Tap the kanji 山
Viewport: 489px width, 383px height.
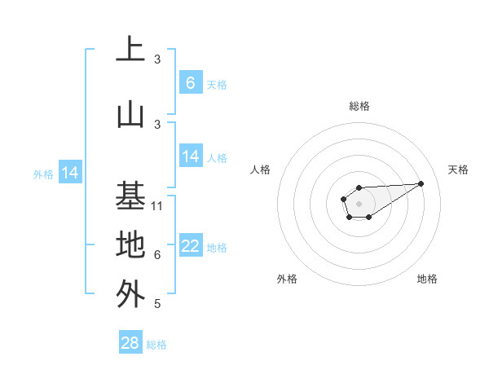coord(130,114)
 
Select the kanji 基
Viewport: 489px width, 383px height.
coord(130,196)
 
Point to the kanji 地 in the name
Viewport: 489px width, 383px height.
coord(130,244)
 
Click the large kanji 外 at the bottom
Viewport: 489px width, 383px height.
coord(130,293)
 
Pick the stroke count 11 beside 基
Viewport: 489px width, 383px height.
coord(158,206)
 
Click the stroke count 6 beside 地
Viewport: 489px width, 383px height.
coord(157,255)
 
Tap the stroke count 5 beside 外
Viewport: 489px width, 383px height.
coord(157,304)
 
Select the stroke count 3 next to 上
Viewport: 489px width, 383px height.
coord(157,59)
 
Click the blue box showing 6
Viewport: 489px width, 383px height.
coord(190,82)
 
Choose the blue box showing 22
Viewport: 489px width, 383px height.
coord(191,246)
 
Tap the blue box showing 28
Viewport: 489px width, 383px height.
coord(130,343)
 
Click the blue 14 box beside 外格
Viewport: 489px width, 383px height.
coord(69,173)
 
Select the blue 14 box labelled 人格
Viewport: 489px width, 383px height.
coord(191,156)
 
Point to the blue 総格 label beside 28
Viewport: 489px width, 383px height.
coord(156,345)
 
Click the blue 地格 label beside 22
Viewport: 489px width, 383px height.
coord(217,248)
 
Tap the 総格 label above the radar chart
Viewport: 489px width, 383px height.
coord(359,106)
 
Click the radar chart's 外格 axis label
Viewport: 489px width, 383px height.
coord(287,279)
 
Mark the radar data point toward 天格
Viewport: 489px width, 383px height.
coord(421,183)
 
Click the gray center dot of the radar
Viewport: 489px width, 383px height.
coord(359,202)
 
